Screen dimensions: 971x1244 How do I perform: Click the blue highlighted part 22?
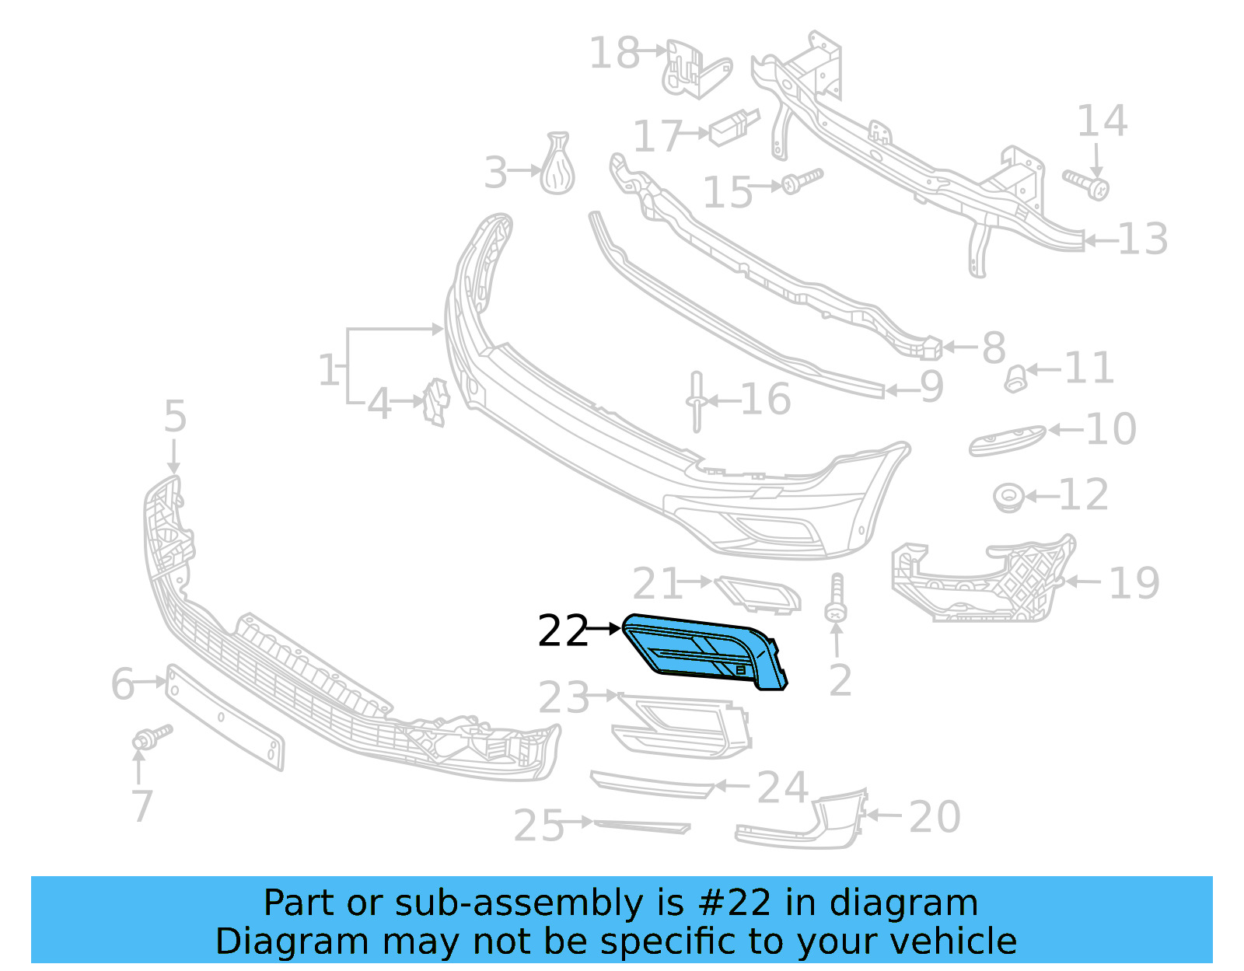click(704, 649)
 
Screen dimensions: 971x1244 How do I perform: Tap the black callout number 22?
click(563, 631)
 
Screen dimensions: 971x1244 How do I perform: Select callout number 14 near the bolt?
click(1102, 121)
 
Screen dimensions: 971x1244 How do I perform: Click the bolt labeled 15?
click(801, 182)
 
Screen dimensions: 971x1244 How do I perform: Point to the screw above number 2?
click(837, 599)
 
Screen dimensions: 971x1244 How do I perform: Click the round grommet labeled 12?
click(1008, 497)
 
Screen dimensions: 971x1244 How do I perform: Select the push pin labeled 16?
click(696, 401)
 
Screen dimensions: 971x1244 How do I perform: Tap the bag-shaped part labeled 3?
click(557, 165)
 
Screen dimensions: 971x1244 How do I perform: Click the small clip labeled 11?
click(1015, 379)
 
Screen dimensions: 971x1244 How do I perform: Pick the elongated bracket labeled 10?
click(1006, 440)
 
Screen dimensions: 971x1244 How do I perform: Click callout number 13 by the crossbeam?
click(1143, 239)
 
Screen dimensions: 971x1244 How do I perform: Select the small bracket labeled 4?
click(436, 402)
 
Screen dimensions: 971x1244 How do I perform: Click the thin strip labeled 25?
click(641, 826)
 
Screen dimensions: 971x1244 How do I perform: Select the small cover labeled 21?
click(757, 595)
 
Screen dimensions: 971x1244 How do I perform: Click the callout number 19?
click(1134, 583)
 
